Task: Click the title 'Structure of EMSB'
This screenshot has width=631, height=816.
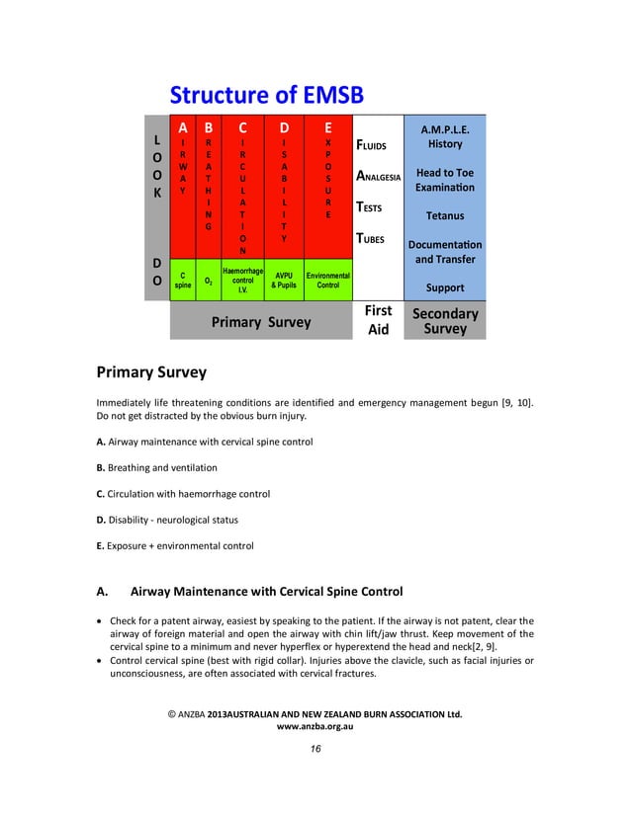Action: [267, 95]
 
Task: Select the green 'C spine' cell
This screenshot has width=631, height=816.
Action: [183, 280]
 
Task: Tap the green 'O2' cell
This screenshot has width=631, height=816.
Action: [208, 281]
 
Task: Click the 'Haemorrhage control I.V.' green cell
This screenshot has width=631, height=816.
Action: [242, 280]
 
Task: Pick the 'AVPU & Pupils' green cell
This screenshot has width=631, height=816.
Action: [284, 280]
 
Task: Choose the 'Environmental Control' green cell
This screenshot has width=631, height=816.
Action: [327, 280]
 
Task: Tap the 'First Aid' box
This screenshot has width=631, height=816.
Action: [378, 321]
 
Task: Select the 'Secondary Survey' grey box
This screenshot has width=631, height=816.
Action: [444, 321]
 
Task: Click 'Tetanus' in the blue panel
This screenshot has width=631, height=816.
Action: [444, 215]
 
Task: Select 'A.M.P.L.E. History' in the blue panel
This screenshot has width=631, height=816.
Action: [444, 136]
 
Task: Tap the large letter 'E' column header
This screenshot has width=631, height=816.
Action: [327, 127]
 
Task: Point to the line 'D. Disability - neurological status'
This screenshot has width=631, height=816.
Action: [166, 520]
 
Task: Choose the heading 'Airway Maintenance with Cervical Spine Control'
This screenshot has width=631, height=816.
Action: [266, 592]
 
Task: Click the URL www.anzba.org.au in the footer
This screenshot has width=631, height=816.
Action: [315, 726]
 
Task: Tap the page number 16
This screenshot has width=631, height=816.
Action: [315, 750]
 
